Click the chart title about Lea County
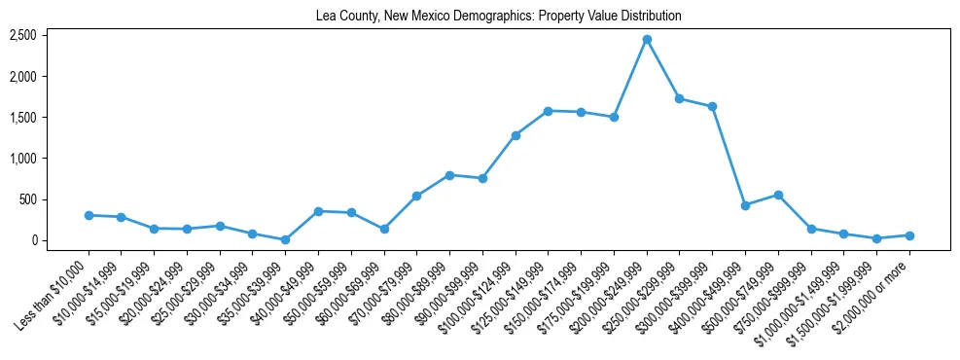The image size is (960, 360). coord(498,17)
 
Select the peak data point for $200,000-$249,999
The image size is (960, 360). coord(647,39)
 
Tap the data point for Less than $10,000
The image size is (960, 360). coord(89,215)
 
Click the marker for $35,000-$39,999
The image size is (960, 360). coord(285,239)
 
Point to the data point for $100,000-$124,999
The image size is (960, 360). coord(516,135)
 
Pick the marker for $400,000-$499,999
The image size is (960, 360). coord(745,205)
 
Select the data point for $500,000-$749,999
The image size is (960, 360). coord(778,195)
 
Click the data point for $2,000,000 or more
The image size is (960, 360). coord(909,235)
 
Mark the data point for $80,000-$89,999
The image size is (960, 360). coord(449,175)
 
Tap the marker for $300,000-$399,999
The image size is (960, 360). coord(712,106)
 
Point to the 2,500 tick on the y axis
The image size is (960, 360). coord(23,35)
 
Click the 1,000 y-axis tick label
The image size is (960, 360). coord(23,159)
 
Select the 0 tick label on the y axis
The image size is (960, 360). coord(33,240)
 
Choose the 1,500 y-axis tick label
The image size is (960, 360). coord(23,118)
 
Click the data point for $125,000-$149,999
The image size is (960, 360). coord(549,111)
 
